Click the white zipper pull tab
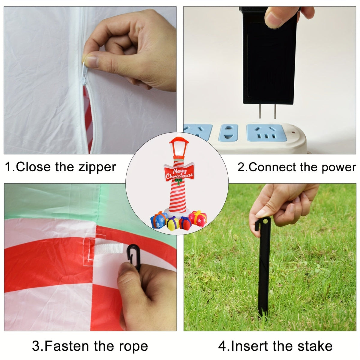coord(84,73)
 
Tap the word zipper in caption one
coord(97,167)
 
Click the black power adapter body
coord(270,56)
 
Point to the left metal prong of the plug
coord(260,111)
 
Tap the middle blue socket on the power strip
coord(228,133)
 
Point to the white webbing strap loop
coord(109,249)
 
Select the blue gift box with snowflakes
coord(158,220)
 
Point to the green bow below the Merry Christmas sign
coord(179,181)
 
